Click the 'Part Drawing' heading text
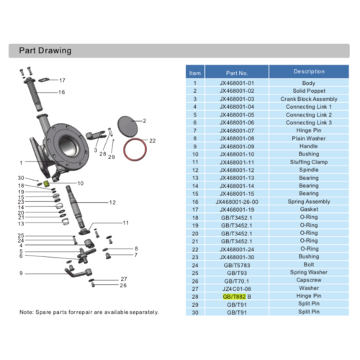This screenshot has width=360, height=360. pyautogui.click(x=45, y=50)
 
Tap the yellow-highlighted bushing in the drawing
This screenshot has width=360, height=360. pyautogui.click(x=46, y=184)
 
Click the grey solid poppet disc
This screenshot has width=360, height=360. pyautogui.click(x=127, y=125)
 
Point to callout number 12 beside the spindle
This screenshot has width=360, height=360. pyautogui.click(x=112, y=202)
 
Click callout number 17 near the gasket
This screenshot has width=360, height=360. pyautogui.click(x=62, y=81)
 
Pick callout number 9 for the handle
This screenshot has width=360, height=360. pyautogui.click(x=21, y=273)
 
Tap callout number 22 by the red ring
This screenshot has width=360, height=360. pyautogui.click(x=153, y=140)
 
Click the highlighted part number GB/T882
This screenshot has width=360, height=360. pyautogui.click(x=234, y=297)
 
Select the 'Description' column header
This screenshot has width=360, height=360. pyautogui.click(x=309, y=71)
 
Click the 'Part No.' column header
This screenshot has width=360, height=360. pyautogui.click(x=237, y=73)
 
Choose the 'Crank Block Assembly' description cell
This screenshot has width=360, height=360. pyautogui.click(x=309, y=99)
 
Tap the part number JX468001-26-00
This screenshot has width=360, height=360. pyautogui.click(x=237, y=202)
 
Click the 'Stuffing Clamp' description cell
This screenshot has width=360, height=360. pyautogui.click(x=309, y=162)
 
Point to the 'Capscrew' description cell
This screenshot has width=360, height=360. pyautogui.click(x=309, y=280)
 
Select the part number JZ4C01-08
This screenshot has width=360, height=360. pyautogui.click(x=237, y=289)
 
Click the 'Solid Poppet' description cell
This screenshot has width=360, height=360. pyautogui.click(x=309, y=91)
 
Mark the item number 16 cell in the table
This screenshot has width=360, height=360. pyautogui.click(x=195, y=202)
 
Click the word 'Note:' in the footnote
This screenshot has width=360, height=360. pyautogui.click(x=27, y=312)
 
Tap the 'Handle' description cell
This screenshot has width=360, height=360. pyautogui.click(x=309, y=146)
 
